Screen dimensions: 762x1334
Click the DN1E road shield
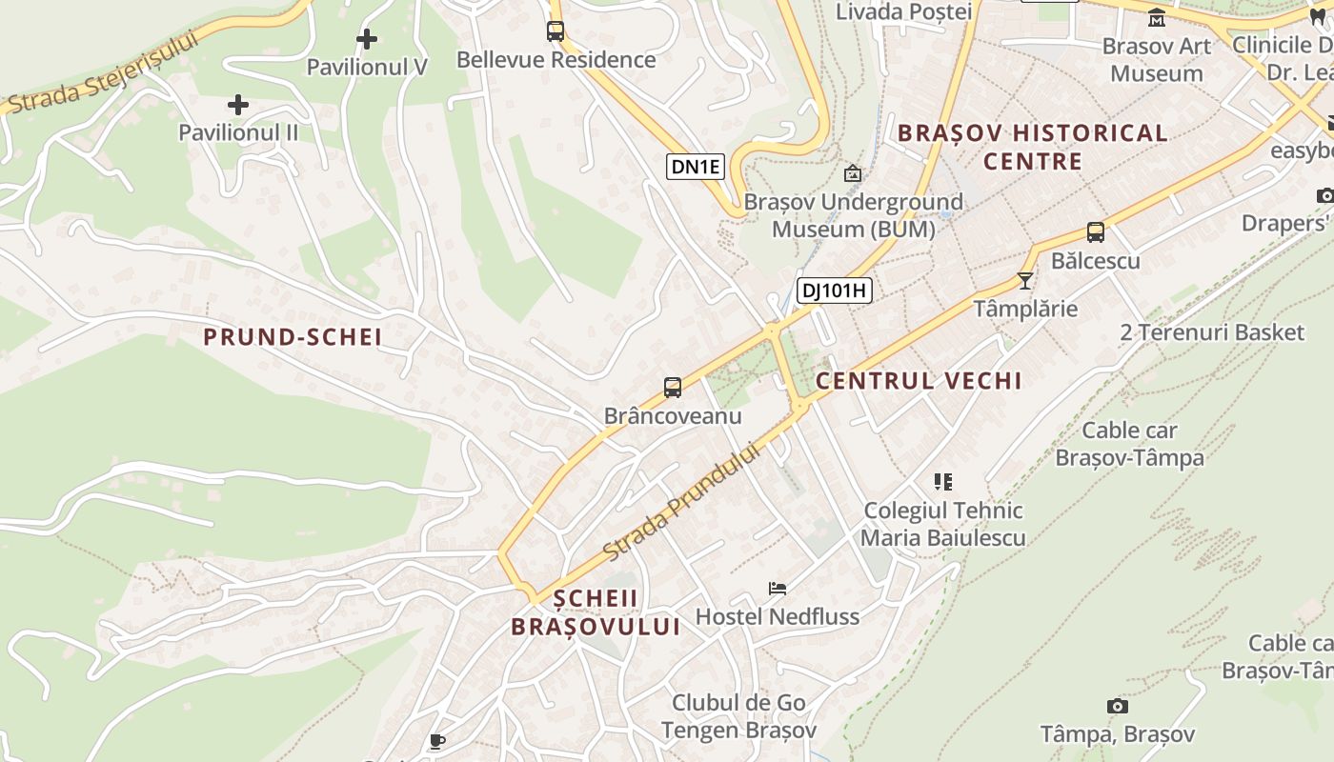coord(696,168)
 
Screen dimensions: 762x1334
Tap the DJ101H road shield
coord(835,291)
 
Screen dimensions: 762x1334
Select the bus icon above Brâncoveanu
coord(673,388)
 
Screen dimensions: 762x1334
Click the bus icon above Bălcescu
coord(1096,232)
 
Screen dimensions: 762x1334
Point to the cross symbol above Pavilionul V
coord(367,39)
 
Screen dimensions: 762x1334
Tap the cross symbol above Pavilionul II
coord(238,105)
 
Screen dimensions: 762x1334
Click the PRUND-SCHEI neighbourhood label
coord(293,336)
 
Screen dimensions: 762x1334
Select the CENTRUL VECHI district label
coord(919,381)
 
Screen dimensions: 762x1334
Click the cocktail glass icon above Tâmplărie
coord(1025,281)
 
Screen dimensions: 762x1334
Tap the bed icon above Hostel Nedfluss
coord(778,589)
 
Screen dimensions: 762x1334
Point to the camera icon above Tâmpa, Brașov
coord(1118,706)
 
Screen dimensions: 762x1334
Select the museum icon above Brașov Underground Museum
coord(853,173)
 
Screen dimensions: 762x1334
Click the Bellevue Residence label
coord(556,59)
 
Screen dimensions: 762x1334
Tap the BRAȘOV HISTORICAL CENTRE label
coord(1033,147)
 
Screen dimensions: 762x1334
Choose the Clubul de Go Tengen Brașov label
coord(739,716)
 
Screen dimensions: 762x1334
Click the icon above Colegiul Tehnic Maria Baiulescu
coord(943,482)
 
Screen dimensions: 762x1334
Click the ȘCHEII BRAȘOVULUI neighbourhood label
coord(596,612)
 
